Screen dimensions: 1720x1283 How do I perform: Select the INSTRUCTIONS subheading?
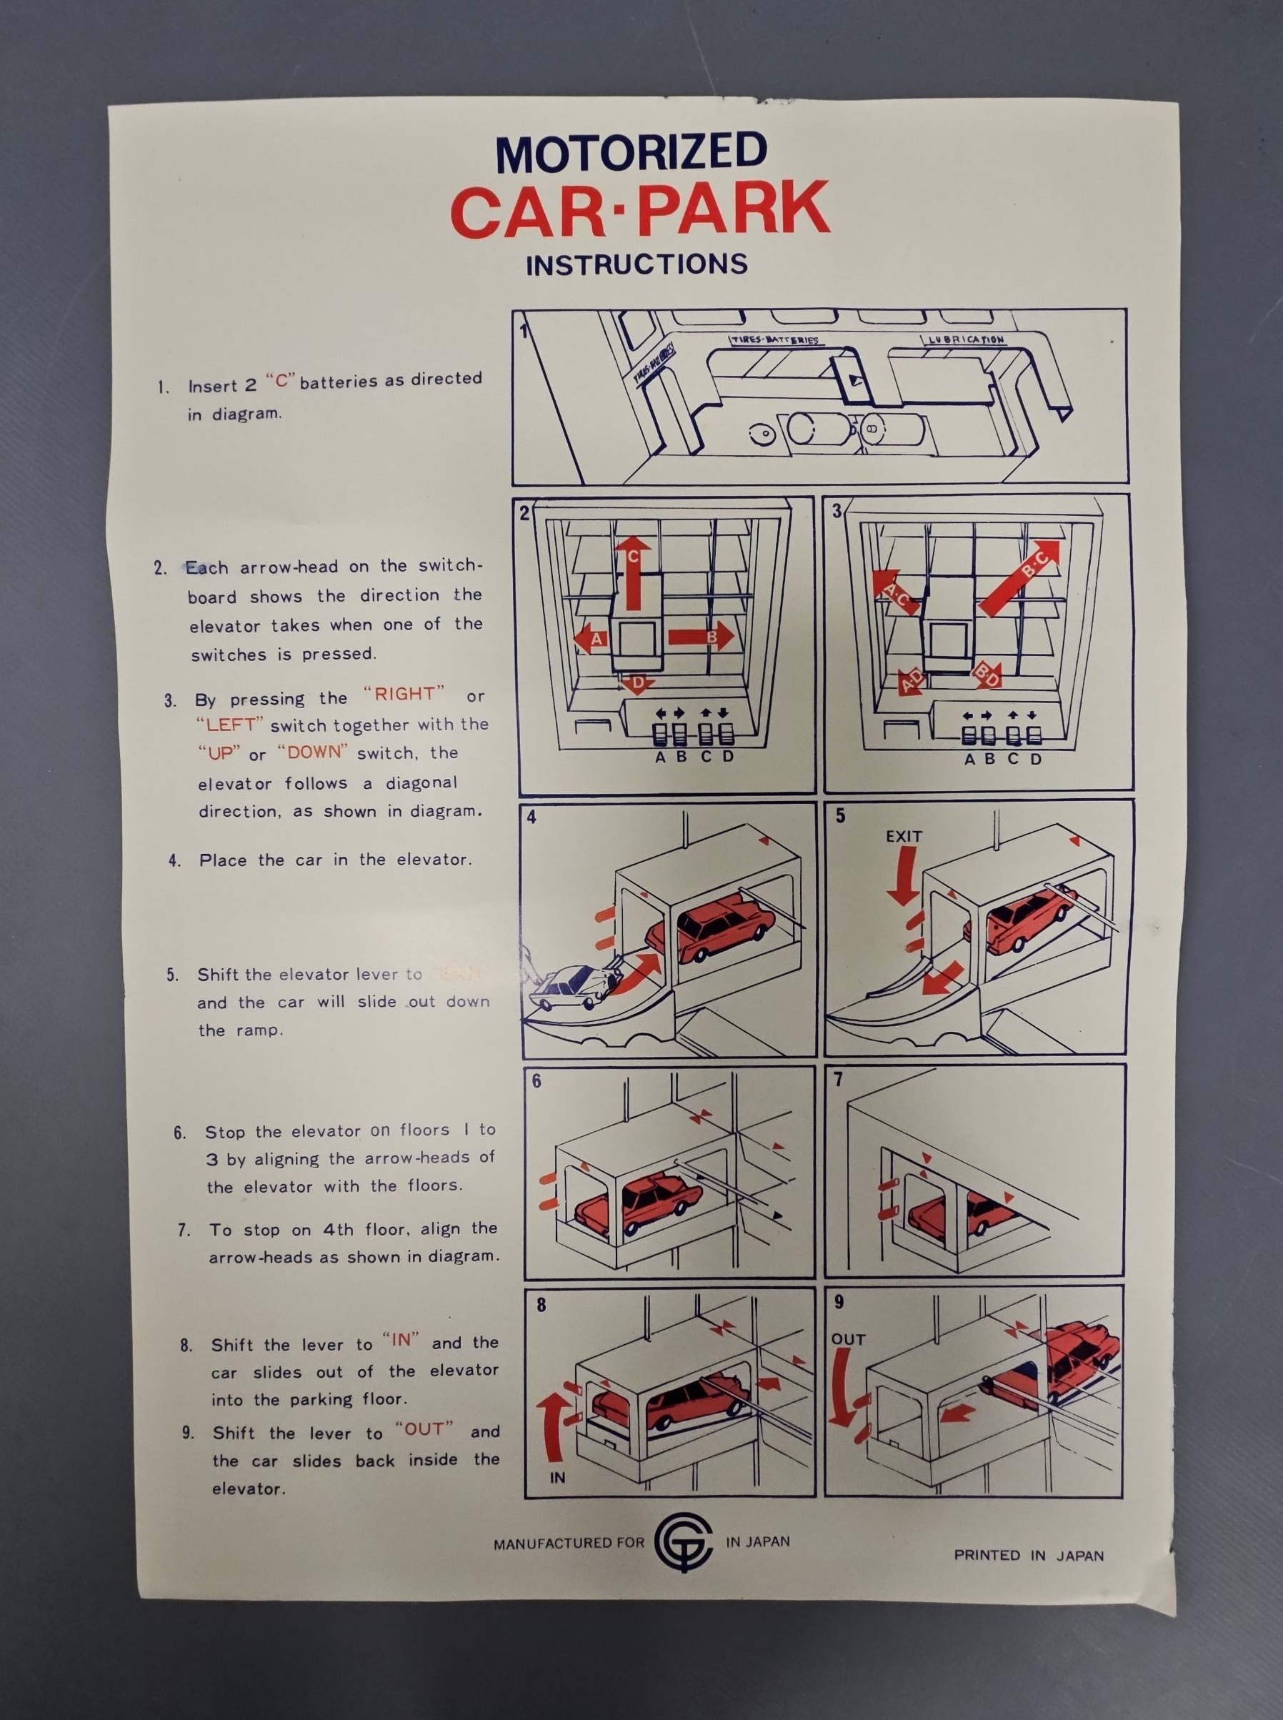(636, 265)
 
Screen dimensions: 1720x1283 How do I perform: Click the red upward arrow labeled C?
(632, 567)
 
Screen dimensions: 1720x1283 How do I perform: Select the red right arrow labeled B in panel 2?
(701, 636)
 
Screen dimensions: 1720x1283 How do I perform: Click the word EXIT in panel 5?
(903, 837)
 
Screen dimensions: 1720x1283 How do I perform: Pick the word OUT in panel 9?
(847, 1339)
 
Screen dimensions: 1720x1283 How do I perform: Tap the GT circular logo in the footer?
(684, 1541)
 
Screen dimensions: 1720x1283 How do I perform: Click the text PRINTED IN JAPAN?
(1028, 1554)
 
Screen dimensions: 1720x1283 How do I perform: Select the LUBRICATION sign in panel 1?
(965, 340)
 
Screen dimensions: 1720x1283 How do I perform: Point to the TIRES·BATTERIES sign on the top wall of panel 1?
(775, 341)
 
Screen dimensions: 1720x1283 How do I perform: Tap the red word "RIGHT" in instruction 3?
(404, 694)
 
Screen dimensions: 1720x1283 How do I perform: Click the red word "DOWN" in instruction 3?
(312, 752)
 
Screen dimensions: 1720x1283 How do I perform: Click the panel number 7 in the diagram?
(838, 1080)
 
